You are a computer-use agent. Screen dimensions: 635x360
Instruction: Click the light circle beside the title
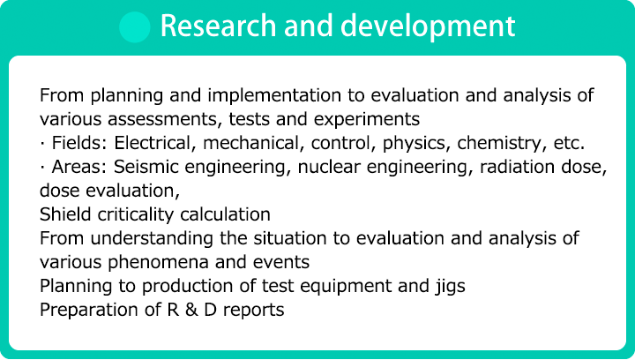coord(135,26)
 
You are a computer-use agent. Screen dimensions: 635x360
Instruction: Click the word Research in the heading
coord(219,26)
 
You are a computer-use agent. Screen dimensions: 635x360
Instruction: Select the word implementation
coord(274,96)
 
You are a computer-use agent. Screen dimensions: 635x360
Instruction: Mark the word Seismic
coord(144,167)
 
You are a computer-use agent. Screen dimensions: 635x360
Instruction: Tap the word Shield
coord(64,214)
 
